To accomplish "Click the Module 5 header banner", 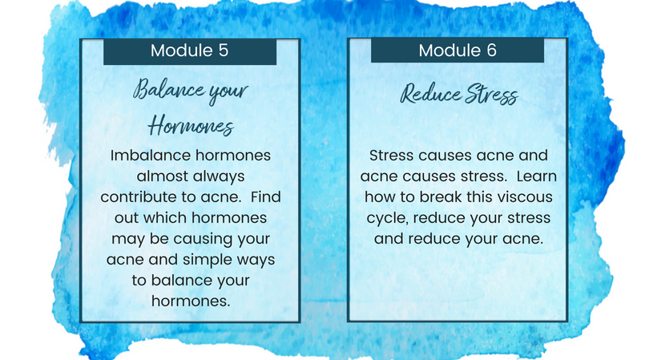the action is pos(190,51).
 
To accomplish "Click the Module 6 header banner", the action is pos(458,51).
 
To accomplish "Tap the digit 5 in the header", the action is pos(223,51).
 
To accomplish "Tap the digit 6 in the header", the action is pos(491,51).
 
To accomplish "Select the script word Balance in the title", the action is pos(168,90).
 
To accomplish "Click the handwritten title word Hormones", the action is pos(191,126).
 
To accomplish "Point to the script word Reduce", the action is pos(430,94).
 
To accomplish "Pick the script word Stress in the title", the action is pos(491,94).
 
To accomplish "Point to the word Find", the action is pos(266,196).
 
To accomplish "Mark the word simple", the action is pos(208,260).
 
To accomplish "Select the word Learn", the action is pos(537,176).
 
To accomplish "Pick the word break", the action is pos(441,197).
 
